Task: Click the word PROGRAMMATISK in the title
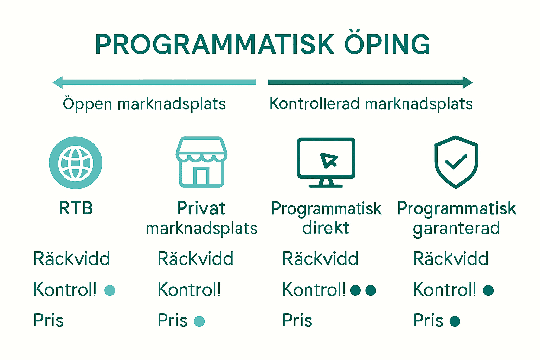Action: coord(214,45)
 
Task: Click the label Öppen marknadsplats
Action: coord(144,104)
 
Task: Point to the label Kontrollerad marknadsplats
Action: coord(371,104)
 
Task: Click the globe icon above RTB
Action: coord(76,163)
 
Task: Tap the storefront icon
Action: coord(201,162)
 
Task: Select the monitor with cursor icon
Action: coord(326,162)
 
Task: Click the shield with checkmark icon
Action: coord(456,162)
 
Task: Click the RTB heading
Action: coord(76,208)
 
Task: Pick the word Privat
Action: coord(201,208)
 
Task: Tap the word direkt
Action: coord(326,228)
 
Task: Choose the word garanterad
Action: coord(456,229)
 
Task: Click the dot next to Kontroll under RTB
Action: coord(110,290)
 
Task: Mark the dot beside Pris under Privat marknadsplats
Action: coord(199,321)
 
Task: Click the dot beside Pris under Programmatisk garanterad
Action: coord(455,321)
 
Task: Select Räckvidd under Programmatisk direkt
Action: coord(320,259)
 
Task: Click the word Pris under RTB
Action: coord(49,320)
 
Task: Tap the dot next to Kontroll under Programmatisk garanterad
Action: coord(488,290)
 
